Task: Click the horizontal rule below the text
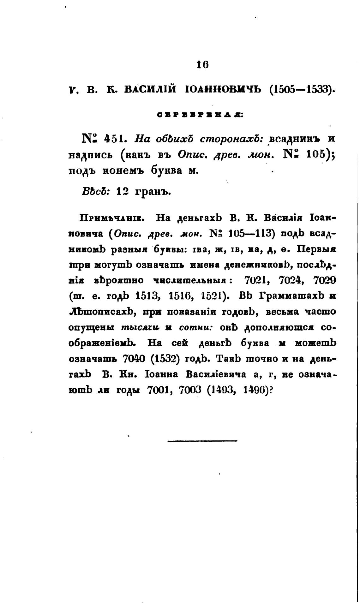(202, 441)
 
